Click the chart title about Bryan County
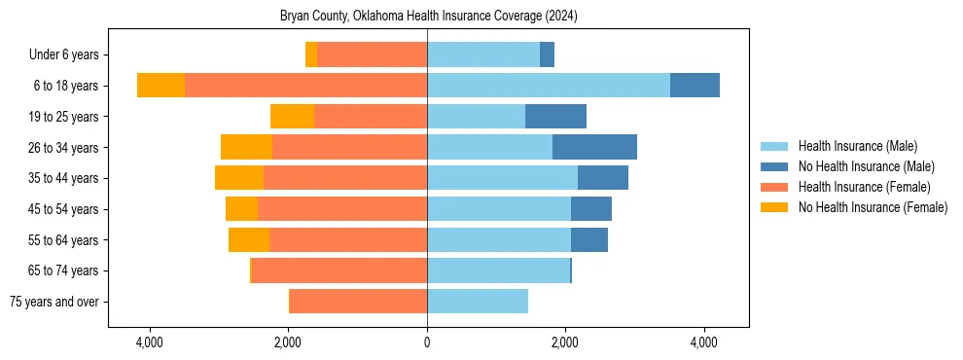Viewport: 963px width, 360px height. pos(428,16)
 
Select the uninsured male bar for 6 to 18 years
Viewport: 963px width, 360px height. pos(695,86)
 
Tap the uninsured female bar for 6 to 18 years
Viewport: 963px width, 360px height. pos(160,86)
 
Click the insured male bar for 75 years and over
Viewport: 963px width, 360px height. pos(477,302)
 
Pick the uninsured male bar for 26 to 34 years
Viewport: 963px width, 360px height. pos(594,147)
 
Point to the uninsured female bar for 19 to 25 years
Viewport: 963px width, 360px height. pos(292,117)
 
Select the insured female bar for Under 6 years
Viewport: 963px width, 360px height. pos(372,54)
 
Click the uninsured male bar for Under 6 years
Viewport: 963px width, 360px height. pos(547,54)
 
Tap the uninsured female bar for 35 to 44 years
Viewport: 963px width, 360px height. pos(239,178)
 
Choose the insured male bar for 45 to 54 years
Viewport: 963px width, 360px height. pos(498,209)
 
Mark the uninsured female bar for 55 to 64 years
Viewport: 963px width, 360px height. pos(249,240)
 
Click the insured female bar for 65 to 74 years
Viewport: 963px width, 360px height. pos(339,270)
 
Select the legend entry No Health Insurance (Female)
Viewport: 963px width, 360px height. pos(873,207)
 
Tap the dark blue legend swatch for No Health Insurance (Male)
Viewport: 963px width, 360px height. pos(774,166)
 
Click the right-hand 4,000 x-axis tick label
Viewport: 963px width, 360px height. pos(703,343)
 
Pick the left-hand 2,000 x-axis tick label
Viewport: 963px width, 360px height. pos(288,343)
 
